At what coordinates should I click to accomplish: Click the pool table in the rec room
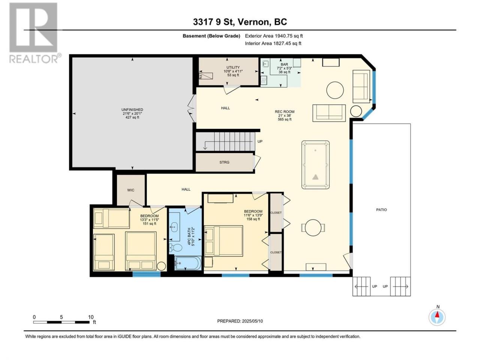click(315, 165)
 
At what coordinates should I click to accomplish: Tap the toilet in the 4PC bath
click(176, 248)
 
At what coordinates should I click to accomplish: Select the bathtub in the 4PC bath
click(188, 263)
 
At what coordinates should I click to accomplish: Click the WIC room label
click(131, 190)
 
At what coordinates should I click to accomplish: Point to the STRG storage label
click(224, 162)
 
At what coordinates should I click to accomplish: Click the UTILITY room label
click(233, 67)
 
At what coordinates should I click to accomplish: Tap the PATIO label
click(381, 210)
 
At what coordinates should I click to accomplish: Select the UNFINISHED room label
click(132, 109)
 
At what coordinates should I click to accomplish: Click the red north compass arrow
click(437, 315)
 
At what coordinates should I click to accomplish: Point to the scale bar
click(61, 322)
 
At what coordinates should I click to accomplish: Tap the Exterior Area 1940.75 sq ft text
click(274, 36)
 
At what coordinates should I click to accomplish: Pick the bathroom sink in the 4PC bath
click(174, 227)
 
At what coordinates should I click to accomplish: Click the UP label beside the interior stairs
click(260, 141)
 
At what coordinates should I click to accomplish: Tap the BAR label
click(284, 64)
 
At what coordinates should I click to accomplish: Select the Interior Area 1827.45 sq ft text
click(273, 43)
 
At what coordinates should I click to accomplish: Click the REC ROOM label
click(285, 111)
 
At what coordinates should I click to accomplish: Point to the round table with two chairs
click(313, 228)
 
